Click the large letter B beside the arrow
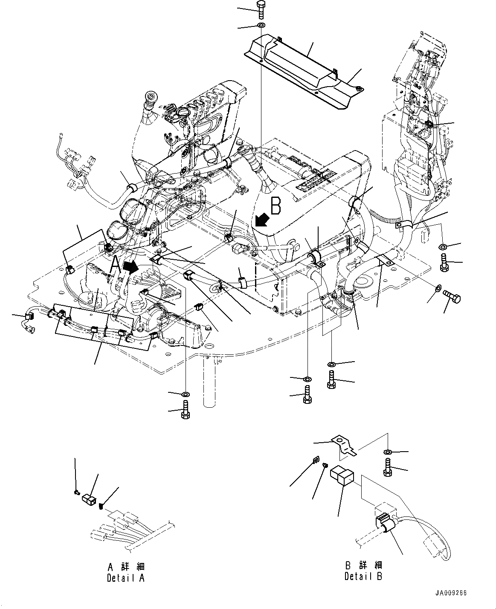tap(276, 206)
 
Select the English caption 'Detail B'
tap(363, 576)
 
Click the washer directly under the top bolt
tap(261, 26)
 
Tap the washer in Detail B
tap(388, 452)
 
